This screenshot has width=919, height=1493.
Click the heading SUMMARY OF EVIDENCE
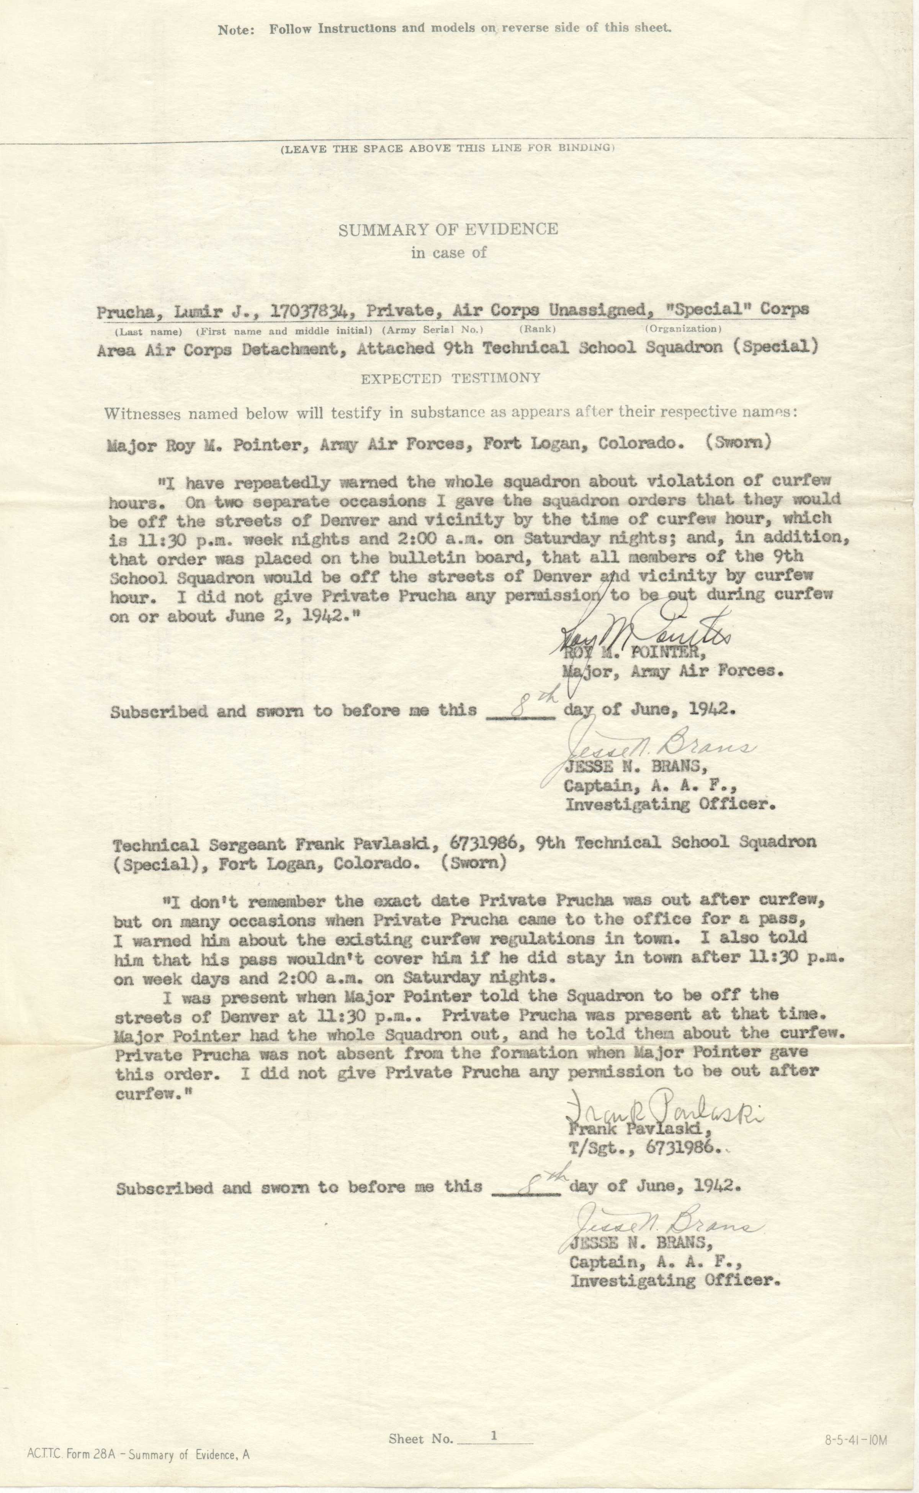(x=448, y=229)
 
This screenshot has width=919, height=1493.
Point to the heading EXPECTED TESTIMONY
(x=450, y=378)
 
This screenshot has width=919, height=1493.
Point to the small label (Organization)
(x=683, y=329)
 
